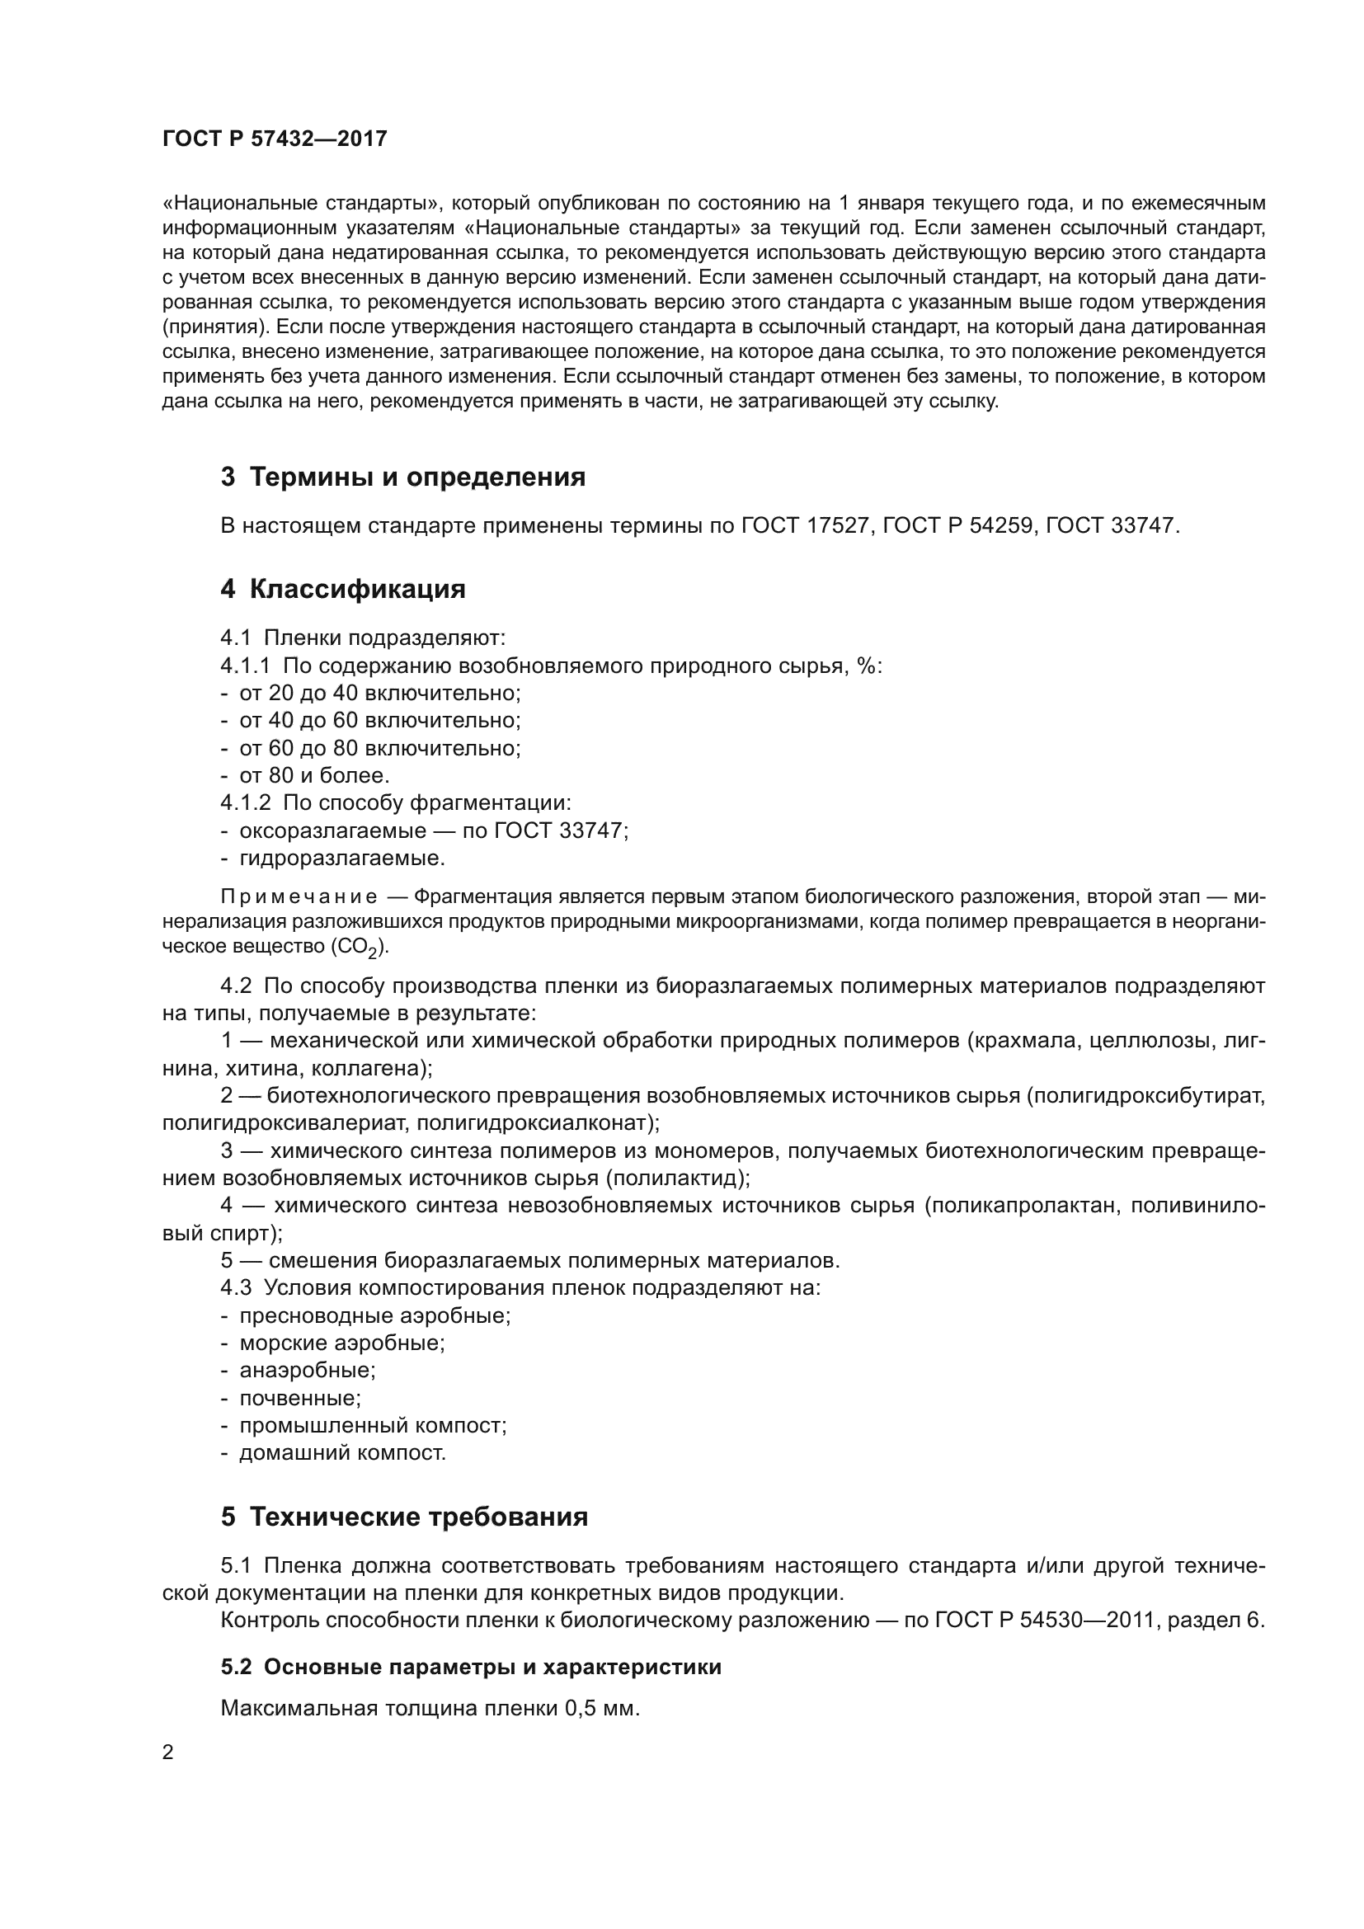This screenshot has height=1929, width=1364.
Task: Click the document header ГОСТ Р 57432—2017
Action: pyautogui.click(x=275, y=139)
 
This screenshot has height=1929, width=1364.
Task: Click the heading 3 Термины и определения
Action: pyautogui.click(x=402, y=478)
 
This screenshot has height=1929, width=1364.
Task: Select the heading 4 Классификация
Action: pyautogui.click(x=343, y=589)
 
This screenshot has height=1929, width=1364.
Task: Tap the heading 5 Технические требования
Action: pyautogui.click(x=404, y=1517)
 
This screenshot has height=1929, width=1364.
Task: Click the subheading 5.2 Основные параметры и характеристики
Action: pyautogui.click(x=471, y=1667)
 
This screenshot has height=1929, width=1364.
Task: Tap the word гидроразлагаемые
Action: pyautogui.click(x=341, y=859)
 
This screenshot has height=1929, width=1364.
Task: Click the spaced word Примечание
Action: pyautogui.click(x=299, y=897)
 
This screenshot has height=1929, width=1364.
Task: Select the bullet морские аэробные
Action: pyautogui.click(x=342, y=1343)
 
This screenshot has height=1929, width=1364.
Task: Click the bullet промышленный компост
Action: pyautogui.click(x=373, y=1426)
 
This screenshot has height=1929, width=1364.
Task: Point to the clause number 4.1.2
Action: pyautogui.click(x=245, y=803)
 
